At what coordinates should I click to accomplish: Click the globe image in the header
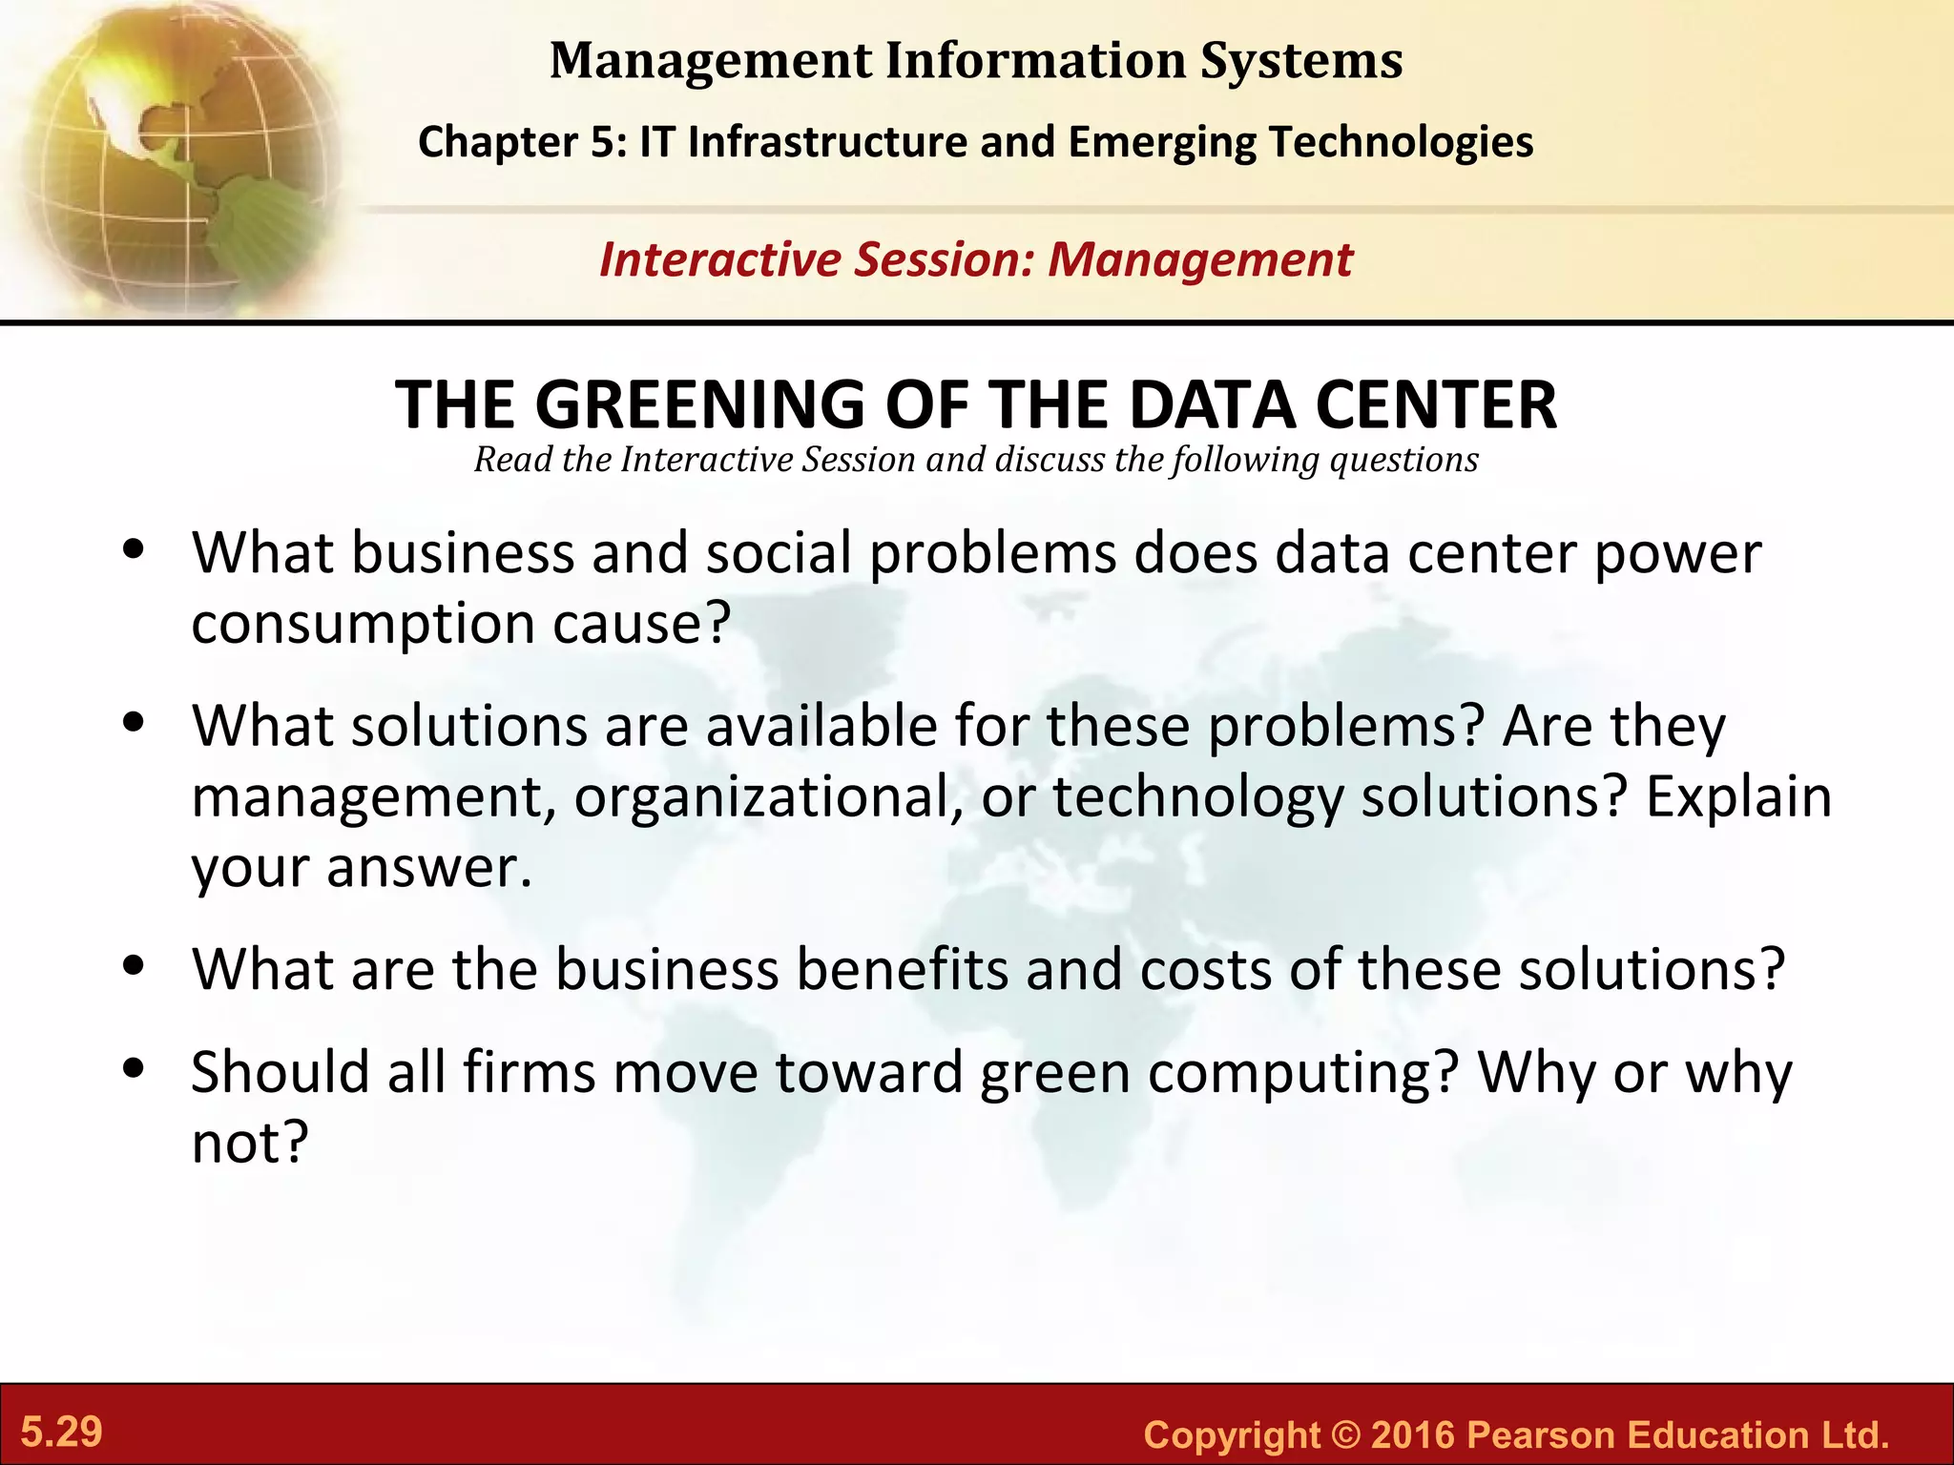click(172, 157)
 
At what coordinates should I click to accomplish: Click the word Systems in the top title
click(1301, 61)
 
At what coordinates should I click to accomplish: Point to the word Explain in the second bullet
click(1738, 797)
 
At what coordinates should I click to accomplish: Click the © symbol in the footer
click(1345, 1434)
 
